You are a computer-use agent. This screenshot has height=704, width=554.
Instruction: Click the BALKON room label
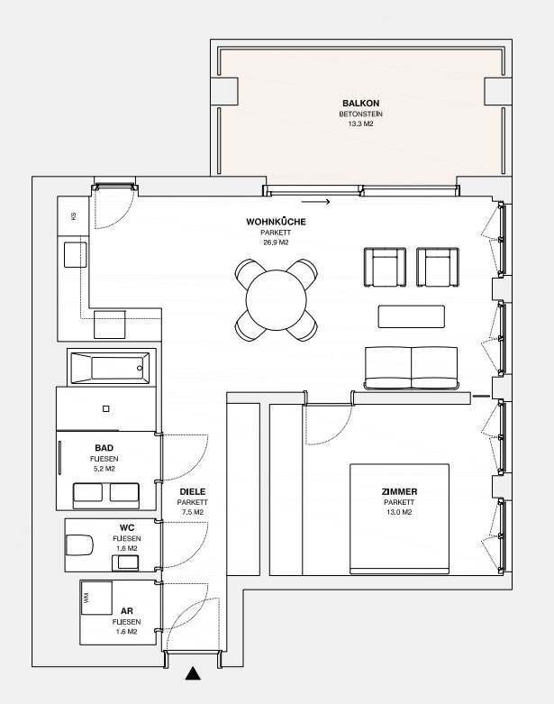pyautogui.click(x=360, y=104)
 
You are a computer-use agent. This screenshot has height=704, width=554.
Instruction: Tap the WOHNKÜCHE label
pyautogui.click(x=276, y=222)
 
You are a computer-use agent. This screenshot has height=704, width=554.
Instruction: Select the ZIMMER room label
pyautogui.click(x=399, y=491)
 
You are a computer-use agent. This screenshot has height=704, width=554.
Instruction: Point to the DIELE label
pyautogui.click(x=193, y=491)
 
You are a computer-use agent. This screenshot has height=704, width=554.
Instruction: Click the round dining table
pyautogui.click(x=277, y=300)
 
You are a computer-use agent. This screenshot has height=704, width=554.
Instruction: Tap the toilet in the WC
pyautogui.click(x=79, y=544)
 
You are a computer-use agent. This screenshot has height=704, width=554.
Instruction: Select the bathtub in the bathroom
pyautogui.click(x=111, y=368)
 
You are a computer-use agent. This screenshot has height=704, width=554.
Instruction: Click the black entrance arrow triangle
pyautogui.click(x=193, y=673)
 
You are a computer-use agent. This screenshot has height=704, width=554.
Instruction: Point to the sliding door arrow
pyautogui.click(x=316, y=202)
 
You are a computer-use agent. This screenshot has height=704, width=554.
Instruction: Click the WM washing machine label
pyautogui.click(x=86, y=598)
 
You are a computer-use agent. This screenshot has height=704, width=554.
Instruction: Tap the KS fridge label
pyautogui.click(x=73, y=216)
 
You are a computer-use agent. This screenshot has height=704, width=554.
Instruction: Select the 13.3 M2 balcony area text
pyautogui.click(x=360, y=123)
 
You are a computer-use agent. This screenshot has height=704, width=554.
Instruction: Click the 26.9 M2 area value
pyautogui.click(x=276, y=242)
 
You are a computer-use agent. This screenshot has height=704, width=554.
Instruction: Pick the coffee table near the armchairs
pyautogui.click(x=412, y=316)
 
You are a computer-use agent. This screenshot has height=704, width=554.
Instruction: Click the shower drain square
pyautogui.click(x=106, y=408)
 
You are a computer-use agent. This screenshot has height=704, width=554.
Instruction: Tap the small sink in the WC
pyautogui.click(x=125, y=562)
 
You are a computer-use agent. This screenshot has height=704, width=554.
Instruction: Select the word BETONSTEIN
pyautogui.click(x=360, y=114)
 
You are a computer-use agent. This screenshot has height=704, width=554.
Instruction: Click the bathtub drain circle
pyautogui.click(x=140, y=368)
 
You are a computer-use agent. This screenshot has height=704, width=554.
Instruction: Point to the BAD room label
pyautogui.click(x=104, y=448)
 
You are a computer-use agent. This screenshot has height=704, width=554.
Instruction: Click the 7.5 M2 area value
pyautogui.click(x=193, y=512)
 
